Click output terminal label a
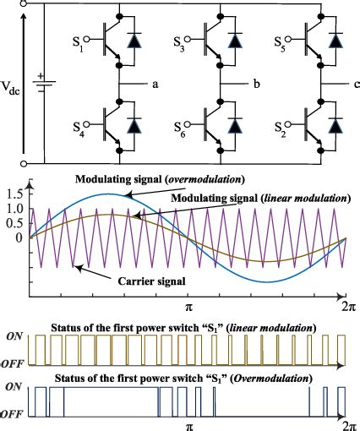pos(155,85)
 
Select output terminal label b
pos(256,85)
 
